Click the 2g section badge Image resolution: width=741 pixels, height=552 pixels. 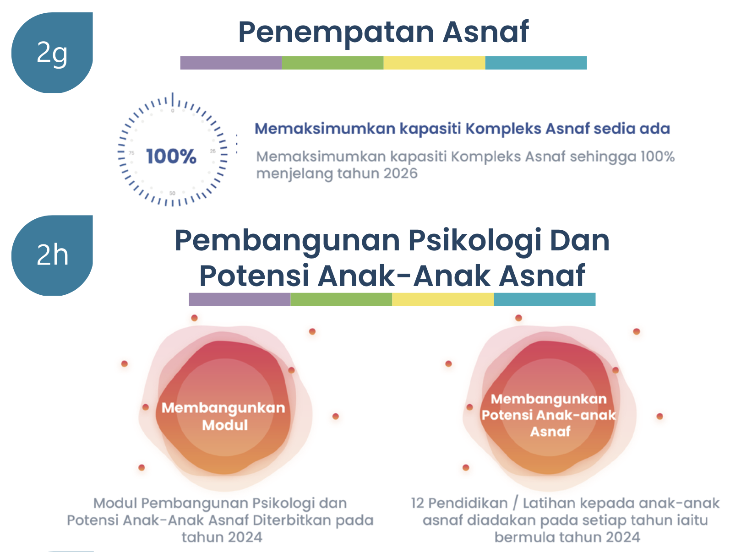pos(52,53)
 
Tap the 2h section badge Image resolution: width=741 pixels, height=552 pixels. pos(52,255)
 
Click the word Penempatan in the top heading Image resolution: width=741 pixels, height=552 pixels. pos(336,33)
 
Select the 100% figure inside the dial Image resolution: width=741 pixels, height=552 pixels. pos(171,156)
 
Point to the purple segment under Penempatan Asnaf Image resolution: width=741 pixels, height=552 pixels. pos(231,63)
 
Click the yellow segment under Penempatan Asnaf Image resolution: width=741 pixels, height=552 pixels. pos(434,63)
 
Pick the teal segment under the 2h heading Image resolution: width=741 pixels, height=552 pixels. pos(545,299)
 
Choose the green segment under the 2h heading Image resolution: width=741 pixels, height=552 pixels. pos(341,299)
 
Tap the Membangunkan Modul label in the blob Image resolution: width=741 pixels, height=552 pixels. pos(223,416)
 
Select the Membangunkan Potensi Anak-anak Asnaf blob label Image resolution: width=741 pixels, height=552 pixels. pos(549,415)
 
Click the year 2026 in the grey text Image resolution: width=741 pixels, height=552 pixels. pos(400,173)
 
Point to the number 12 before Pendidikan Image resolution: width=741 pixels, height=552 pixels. pos(417,503)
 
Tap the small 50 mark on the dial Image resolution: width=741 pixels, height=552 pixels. pos(172,193)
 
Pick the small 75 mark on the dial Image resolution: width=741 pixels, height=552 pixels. pos(131,153)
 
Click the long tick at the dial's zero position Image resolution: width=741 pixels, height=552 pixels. pos(173,99)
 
